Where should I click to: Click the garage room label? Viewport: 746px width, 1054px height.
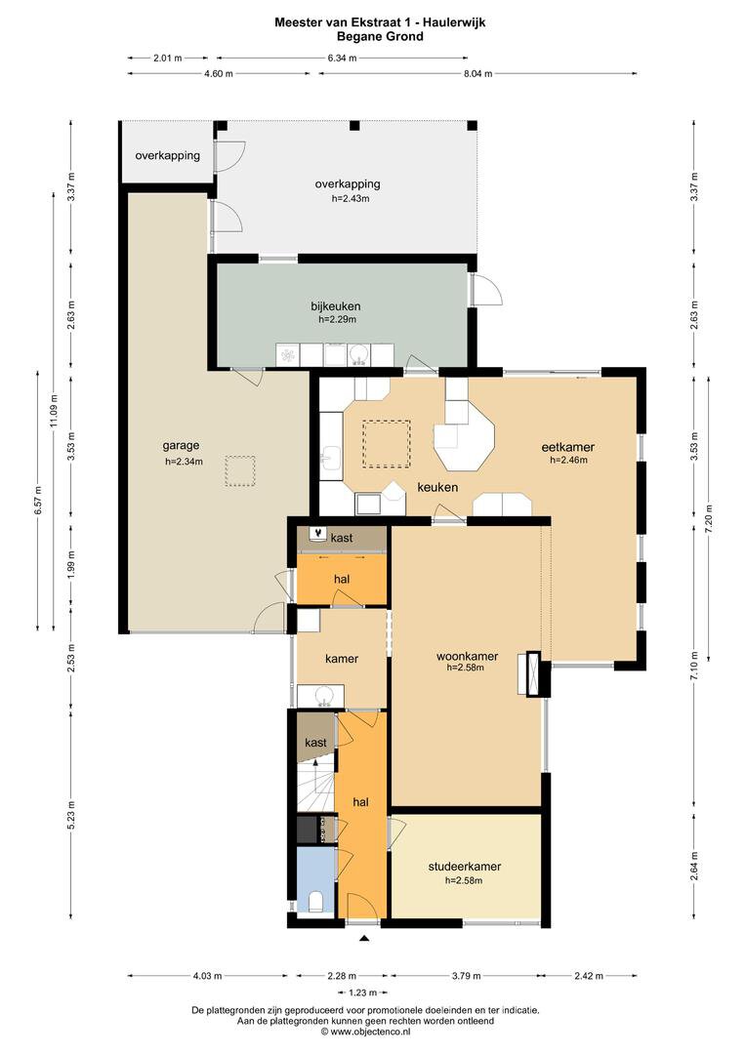[181, 445]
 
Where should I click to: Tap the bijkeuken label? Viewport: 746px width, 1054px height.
[336, 305]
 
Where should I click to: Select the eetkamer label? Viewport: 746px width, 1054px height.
[568, 447]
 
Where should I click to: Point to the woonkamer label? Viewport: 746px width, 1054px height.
[468, 656]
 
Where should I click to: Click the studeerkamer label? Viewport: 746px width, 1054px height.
[465, 867]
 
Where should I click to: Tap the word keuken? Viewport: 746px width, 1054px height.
[437, 487]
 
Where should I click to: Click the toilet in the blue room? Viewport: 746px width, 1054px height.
[316, 902]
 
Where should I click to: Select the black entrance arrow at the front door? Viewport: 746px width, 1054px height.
[364, 938]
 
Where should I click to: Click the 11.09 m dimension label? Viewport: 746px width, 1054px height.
[55, 410]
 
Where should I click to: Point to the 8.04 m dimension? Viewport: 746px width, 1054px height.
[477, 73]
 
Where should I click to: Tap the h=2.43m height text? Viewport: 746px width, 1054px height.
[351, 198]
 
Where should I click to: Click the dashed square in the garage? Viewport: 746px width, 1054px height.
[240, 470]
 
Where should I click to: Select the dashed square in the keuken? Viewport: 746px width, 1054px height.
[386, 444]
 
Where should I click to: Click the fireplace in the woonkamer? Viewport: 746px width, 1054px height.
[529, 672]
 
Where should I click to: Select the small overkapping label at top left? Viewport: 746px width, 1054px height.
[168, 155]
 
